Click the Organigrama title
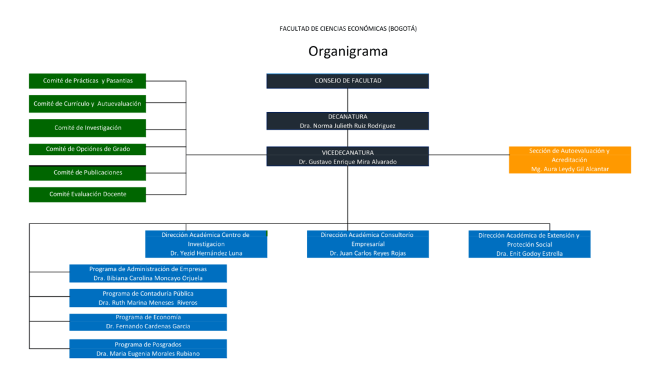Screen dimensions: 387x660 (347, 51)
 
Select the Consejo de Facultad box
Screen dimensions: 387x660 (347, 81)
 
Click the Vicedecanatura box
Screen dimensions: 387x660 (347, 156)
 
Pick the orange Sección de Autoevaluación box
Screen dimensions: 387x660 (570, 160)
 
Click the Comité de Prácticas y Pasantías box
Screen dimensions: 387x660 (88, 81)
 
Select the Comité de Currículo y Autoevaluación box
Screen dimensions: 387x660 (88, 104)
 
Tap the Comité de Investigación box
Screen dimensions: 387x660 (88, 128)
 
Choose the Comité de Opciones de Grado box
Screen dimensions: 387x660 (88, 149)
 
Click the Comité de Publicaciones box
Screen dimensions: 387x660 (88, 173)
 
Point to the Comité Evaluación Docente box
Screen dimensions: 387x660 (88, 194)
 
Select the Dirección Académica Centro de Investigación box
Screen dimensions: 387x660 (206, 244)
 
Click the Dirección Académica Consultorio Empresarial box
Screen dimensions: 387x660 (367, 244)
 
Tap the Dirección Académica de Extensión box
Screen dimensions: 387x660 (529, 244)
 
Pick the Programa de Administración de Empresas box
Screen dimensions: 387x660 (148, 274)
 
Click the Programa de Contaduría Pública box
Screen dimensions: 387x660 (148, 298)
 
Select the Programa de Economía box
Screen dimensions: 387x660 (148, 322)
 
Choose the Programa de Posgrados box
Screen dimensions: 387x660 (148, 349)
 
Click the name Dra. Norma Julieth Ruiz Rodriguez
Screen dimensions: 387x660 (347, 126)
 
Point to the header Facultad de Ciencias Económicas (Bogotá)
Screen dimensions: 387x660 (347, 28)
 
